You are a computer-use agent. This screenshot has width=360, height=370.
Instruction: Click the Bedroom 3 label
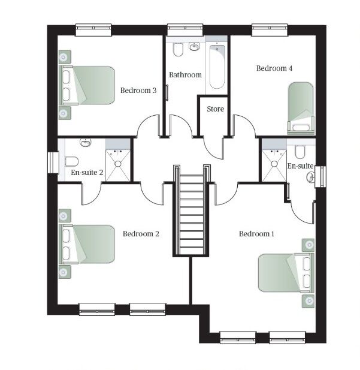point(138,90)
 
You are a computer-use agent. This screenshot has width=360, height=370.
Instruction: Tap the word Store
point(215,109)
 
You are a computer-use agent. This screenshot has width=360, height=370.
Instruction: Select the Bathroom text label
point(185,75)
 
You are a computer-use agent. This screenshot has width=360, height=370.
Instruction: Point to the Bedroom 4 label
point(274,68)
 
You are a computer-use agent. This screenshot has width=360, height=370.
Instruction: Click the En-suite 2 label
point(87,173)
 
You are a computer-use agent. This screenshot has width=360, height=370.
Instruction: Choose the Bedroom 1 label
point(256,234)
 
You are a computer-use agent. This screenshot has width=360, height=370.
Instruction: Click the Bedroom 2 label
point(141,234)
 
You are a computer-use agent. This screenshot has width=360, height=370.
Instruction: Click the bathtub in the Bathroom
point(217,67)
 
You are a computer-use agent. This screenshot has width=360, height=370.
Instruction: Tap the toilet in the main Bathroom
point(178,49)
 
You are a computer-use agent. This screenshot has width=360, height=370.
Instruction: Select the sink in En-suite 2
point(85,142)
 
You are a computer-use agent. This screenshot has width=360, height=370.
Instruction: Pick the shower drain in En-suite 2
point(117,164)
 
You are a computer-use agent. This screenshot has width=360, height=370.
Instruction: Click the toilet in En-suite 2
point(71,162)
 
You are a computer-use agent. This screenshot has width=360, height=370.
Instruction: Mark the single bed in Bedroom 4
point(301,108)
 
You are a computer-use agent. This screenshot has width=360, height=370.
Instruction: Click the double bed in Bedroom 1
point(286,273)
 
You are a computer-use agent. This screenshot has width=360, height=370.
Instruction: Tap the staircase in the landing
point(192,210)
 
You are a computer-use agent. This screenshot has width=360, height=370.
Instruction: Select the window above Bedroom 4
point(270,30)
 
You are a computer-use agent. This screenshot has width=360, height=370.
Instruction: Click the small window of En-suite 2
point(53,163)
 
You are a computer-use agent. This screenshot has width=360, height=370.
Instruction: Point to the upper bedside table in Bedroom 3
point(65,56)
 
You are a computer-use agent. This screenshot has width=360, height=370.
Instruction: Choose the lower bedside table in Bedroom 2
point(65,272)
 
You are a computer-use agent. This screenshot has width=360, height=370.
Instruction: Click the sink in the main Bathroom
point(194,47)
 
